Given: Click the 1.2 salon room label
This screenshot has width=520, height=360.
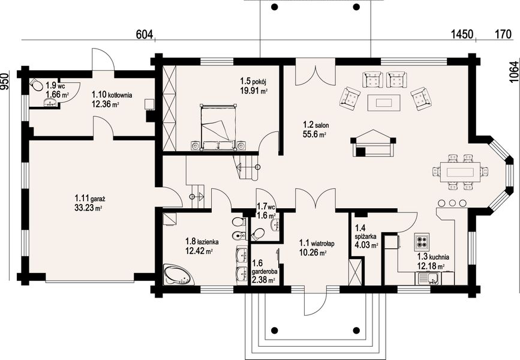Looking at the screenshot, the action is pos(315,125).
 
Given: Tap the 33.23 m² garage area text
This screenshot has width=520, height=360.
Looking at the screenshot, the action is pos(88,208).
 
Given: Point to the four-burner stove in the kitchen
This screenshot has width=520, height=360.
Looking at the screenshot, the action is pos(422,240).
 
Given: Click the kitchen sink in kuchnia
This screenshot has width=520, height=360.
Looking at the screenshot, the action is pos(429,278).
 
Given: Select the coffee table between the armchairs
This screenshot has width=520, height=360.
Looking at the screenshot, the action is pos(384,102).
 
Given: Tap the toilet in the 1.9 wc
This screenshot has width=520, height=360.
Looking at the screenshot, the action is pos(35,85).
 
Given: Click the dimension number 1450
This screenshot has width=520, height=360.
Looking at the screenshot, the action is pos(462,34).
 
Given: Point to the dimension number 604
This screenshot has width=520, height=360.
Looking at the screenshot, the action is pos(145,34).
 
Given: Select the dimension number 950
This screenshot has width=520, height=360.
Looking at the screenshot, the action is pos(5,81).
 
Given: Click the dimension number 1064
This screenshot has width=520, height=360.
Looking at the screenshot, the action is pos(513,72).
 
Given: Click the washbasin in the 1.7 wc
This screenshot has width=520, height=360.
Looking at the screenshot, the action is pos(275,224).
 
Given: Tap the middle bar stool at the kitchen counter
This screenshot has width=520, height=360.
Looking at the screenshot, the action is pos(452,203).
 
